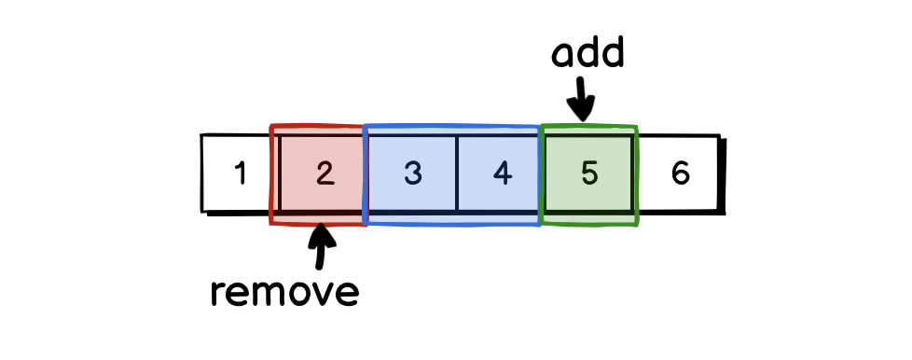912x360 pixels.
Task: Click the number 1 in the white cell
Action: (241, 173)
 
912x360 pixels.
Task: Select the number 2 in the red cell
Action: (324, 173)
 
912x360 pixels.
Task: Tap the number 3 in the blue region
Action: (413, 173)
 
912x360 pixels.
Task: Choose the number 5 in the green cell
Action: (589, 173)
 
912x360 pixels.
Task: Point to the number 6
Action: (680, 173)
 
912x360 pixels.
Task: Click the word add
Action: (587, 55)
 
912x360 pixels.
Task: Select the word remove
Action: (285, 292)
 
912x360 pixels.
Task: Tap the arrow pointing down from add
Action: (583, 98)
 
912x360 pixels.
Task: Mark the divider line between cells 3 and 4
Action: (457, 173)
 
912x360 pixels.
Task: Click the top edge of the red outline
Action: (317, 126)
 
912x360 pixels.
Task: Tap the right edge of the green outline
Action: (637, 175)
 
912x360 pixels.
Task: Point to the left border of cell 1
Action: (202, 173)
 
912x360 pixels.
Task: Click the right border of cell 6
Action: (719, 173)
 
